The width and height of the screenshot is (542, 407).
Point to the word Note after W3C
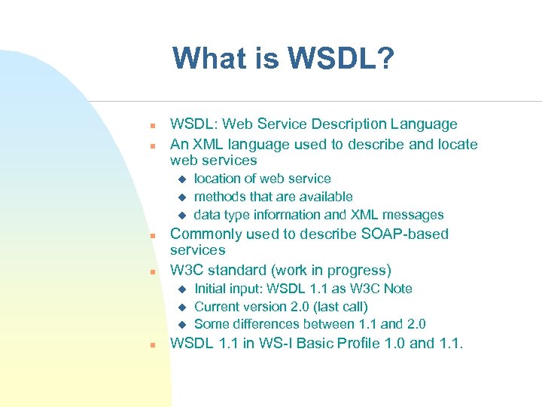397,289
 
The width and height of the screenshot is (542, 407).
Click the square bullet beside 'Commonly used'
151,236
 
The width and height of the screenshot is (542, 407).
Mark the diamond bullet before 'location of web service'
181,179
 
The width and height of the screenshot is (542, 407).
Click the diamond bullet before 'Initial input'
181,289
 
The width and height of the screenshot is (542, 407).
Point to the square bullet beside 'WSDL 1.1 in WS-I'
151,345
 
